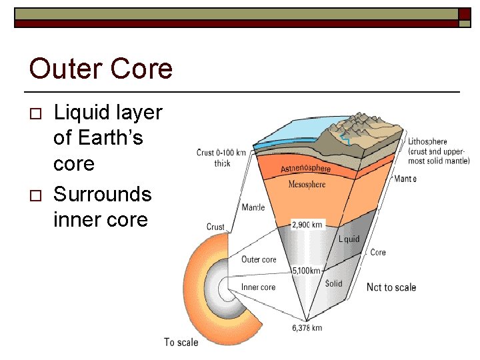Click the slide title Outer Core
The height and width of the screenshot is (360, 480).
click(101, 69)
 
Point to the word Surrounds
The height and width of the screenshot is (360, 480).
click(102, 195)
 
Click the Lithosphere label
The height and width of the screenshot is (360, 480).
click(427, 141)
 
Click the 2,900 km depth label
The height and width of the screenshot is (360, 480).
click(307, 225)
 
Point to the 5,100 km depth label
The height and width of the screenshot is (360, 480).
click(307, 271)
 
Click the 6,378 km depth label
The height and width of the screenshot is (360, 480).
click(307, 327)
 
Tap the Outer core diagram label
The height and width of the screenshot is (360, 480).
click(259, 259)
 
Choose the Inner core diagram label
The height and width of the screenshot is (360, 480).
click(258, 287)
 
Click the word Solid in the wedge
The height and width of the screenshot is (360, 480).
click(333, 283)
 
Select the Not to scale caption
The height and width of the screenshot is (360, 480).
click(391, 287)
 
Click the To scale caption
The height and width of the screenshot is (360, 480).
click(181, 342)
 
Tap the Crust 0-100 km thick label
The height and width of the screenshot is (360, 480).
click(221, 157)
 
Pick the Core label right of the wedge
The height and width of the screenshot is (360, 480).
click(378, 253)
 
